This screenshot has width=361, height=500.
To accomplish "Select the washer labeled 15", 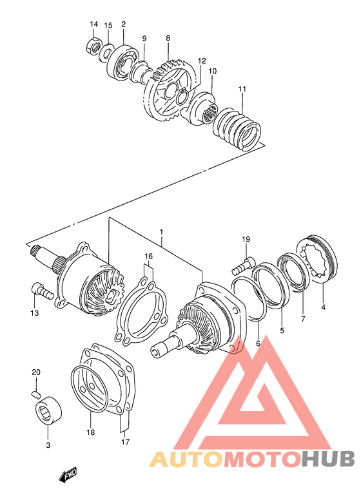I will point(107,49).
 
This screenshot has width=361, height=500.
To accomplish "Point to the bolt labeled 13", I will point(42,291).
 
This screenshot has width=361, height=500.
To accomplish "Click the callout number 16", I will point(149,256).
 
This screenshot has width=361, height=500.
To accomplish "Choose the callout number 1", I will point(161,231).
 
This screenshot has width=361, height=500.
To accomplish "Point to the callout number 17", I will point(126,442).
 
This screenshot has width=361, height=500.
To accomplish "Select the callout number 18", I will point(91,432).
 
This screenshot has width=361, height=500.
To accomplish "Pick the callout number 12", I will point(202,61).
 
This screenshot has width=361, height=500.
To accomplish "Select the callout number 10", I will point(213,71).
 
